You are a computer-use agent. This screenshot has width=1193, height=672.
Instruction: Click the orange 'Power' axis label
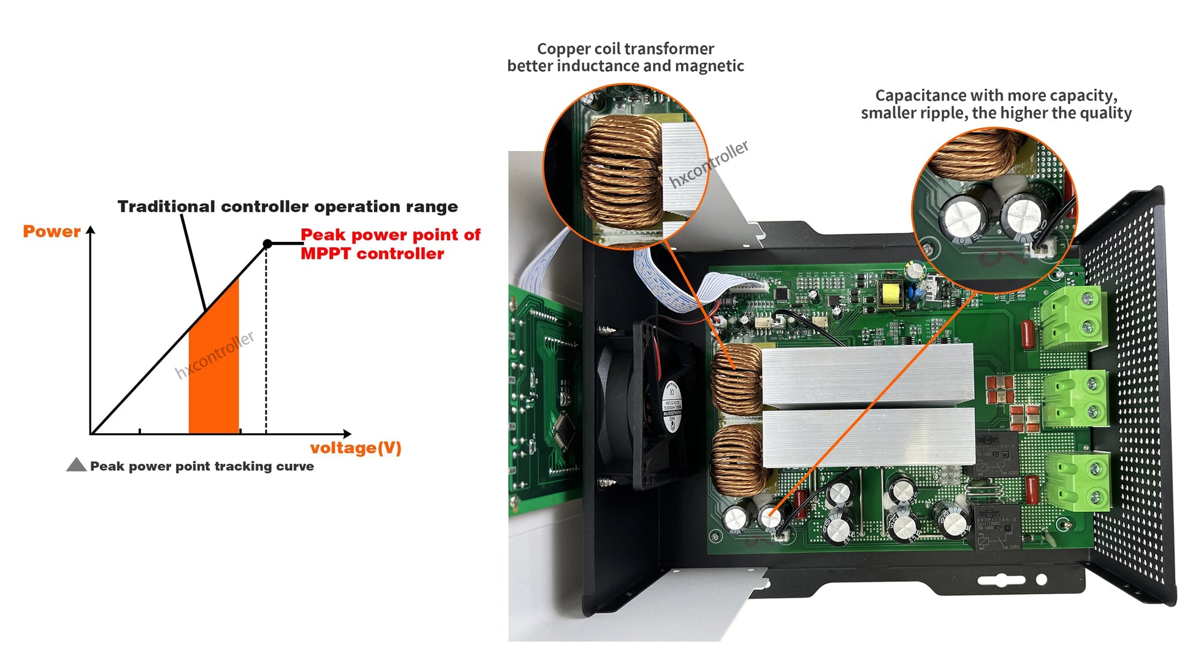(x=51, y=231)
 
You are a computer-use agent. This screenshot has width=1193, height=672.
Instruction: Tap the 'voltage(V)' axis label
(x=356, y=448)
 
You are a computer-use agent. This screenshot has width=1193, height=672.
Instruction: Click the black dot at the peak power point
(x=267, y=244)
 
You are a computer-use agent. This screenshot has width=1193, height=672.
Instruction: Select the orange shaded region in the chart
(x=214, y=374)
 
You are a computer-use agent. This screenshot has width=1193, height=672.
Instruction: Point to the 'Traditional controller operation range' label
(x=288, y=206)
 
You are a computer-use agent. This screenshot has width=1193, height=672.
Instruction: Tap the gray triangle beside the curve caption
(x=76, y=465)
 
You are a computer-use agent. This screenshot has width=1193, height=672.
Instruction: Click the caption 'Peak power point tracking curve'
(x=202, y=466)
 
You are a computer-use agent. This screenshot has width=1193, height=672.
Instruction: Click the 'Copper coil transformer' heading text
(x=625, y=48)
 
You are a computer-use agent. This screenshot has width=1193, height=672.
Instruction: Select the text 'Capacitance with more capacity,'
(x=996, y=95)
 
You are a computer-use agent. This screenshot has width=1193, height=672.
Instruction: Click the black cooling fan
(x=644, y=405)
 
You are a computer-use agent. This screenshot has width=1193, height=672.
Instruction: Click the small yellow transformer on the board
(x=889, y=295)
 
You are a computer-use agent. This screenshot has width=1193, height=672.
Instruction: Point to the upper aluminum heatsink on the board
(x=867, y=374)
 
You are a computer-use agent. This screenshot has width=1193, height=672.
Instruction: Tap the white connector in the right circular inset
(x=1043, y=247)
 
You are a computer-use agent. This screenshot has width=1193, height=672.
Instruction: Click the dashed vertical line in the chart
(x=266, y=344)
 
